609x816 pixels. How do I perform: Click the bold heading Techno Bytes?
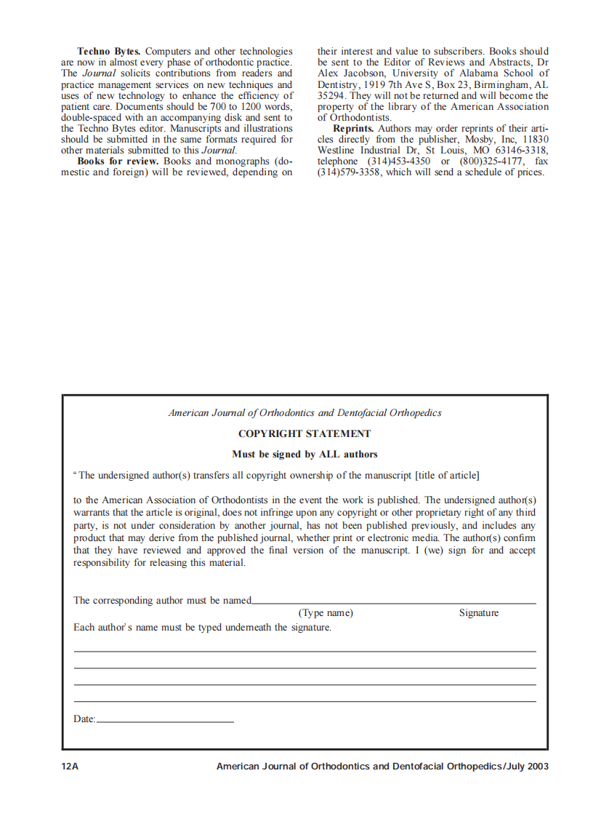coord(110,52)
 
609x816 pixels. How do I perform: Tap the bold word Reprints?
coord(353,128)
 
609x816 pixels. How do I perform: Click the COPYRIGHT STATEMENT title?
coord(304,434)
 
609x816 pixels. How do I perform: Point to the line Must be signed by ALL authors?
coord(304,455)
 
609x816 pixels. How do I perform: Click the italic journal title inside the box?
coord(304,413)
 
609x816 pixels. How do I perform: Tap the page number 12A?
coord(70,767)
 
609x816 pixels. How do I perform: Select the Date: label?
coord(84,719)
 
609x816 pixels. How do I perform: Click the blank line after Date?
coord(165,721)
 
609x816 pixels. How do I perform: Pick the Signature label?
coord(479,613)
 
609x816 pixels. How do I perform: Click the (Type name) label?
coord(326,613)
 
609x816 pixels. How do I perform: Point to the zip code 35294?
coord(331,95)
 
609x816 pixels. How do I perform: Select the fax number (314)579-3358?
coord(350,172)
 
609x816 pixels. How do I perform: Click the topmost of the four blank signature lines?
coord(304,651)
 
